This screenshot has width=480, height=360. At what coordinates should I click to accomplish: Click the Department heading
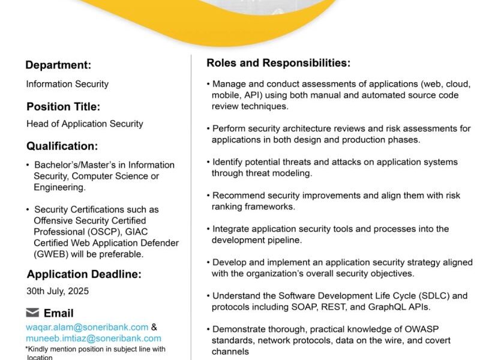tap(58, 65)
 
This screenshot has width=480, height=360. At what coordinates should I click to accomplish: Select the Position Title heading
tap(63, 107)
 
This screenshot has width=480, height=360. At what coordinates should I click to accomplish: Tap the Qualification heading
tap(62, 146)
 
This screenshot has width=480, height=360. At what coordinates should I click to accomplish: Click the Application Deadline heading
tap(84, 275)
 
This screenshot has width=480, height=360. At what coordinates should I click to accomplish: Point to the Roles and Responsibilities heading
tap(278, 63)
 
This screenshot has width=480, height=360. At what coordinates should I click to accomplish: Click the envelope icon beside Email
tap(33, 313)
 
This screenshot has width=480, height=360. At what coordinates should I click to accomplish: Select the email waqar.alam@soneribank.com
tap(87, 327)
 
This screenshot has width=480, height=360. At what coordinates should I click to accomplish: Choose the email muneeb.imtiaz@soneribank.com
tap(93, 338)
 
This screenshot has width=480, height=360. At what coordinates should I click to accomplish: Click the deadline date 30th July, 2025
tap(58, 292)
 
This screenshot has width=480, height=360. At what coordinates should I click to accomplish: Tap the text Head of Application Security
tap(85, 124)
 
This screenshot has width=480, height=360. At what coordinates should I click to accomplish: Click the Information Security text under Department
tap(67, 84)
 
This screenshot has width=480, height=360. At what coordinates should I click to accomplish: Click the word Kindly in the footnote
tap(38, 349)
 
